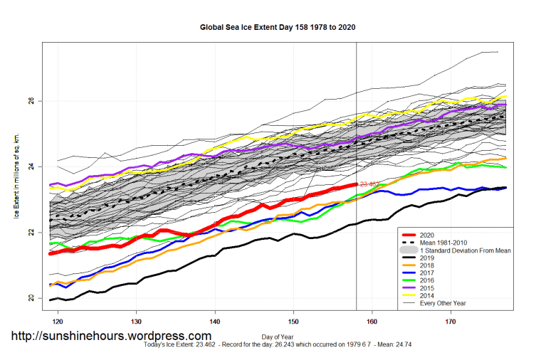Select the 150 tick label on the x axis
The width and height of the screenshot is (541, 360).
click(x=293, y=322)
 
